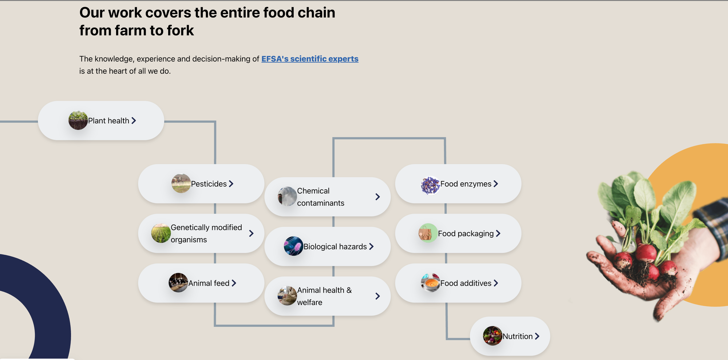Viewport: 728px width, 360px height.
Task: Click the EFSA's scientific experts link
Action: (310, 59)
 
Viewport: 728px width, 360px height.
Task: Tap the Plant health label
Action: (108, 121)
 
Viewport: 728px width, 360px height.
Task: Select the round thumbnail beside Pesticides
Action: (181, 183)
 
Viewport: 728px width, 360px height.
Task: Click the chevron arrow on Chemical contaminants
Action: (377, 197)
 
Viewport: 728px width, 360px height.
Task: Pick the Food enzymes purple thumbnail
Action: (430, 185)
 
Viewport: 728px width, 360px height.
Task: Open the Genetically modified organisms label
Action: (206, 233)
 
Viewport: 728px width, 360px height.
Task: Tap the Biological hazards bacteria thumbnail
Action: (293, 246)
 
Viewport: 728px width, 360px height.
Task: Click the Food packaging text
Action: (466, 234)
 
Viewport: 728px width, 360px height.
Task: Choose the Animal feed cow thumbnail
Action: (178, 283)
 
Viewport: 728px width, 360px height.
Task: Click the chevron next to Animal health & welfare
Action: (377, 296)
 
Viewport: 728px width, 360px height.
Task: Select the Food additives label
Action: (466, 283)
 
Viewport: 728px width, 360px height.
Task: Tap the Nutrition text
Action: (517, 336)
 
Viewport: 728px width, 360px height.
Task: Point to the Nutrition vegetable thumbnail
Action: (492, 336)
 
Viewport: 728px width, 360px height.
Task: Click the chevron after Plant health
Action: (134, 120)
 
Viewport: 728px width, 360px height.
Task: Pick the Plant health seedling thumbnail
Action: (78, 120)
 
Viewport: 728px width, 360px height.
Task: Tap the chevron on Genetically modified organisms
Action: (251, 233)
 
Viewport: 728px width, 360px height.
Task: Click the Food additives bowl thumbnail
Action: (431, 283)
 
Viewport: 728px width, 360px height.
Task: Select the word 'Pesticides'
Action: (209, 184)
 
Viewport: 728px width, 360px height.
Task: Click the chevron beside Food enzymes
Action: (496, 184)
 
